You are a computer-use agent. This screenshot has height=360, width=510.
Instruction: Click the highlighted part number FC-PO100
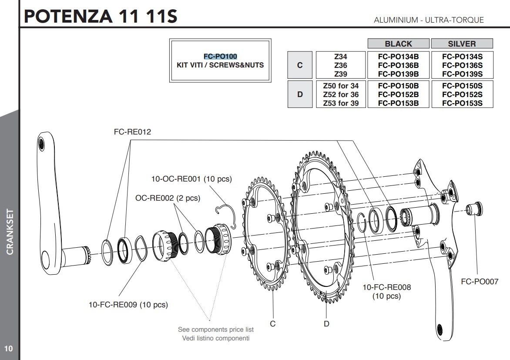tap(220, 57)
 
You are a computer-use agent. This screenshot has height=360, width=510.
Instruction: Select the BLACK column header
tap(398, 44)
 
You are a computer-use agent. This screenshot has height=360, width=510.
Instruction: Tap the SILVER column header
tap(462, 44)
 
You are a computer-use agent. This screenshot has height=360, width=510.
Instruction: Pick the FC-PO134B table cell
tap(398, 56)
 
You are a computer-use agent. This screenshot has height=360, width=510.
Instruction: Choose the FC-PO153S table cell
tap(462, 103)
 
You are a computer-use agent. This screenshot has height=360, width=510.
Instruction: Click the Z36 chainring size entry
tap(341, 65)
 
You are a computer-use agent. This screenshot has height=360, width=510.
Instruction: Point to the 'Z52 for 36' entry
tap(341, 94)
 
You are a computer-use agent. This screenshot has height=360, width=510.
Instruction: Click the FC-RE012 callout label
tap(132, 132)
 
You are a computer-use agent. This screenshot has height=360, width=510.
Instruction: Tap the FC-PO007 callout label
tap(480, 282)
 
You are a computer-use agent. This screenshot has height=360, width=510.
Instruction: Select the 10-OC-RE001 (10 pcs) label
tap(191, 179)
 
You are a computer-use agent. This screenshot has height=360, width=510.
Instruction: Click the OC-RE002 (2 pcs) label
tap(168, 198)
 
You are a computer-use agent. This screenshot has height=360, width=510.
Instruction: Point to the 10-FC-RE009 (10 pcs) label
tap(128, 305)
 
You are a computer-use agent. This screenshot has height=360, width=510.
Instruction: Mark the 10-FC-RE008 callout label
tap(386, 287)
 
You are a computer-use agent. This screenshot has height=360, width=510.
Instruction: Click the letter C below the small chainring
tap(273, 323)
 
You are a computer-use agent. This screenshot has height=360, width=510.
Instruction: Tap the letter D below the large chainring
tap(326, 323)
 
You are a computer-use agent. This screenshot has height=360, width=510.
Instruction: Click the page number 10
tap(8, 349)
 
